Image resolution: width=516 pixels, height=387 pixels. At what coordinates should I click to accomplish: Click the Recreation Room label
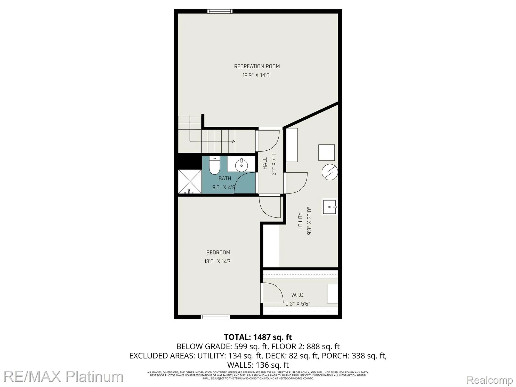click(x=257, y=66)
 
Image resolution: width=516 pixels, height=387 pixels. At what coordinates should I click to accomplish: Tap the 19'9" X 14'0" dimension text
click(x=257, y=75)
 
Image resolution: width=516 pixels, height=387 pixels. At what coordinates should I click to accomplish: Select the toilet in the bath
click(x=214, y=166)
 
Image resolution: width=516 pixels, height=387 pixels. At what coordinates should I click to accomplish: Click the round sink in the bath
click(x=242, y=165)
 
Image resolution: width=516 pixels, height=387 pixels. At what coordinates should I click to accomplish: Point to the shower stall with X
click(x=190, y=181)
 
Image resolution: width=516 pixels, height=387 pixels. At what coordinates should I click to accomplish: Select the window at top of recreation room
click(x=220, y=11)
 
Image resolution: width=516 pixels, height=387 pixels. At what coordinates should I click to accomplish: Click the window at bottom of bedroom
click(x=215, y=317)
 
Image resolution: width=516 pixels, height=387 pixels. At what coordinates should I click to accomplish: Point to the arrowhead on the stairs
click(x=233, y=141)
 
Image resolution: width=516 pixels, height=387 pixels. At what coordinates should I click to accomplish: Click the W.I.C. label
click(x=298, y=295)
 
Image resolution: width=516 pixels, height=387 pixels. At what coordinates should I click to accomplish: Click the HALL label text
click(x=265, y=164)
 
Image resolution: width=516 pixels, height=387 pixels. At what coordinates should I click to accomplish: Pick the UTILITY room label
click(x=300, y=221)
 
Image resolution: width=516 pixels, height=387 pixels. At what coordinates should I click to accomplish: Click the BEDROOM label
click(x=218, y=252)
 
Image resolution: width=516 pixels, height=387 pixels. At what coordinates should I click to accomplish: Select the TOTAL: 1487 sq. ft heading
click(x=258, y=337)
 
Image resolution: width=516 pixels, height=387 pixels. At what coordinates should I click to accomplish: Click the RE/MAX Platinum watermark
click(x=63, y=377)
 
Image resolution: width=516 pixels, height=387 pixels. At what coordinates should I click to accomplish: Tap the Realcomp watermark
click(x=490, y=380)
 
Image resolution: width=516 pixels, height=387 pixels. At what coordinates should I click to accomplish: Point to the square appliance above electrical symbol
click(x=326, y=153)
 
